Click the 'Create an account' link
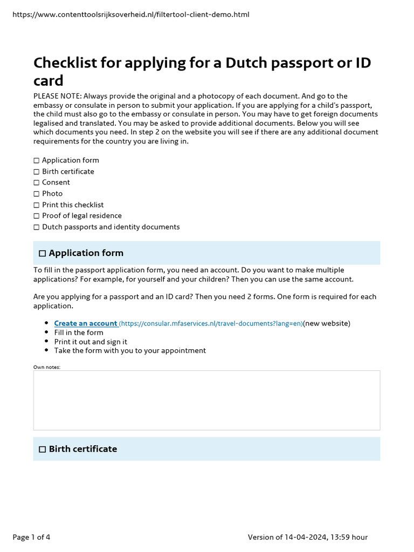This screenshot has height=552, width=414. [x=85, y=323]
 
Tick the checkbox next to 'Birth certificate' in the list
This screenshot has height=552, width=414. [x=37, y=172]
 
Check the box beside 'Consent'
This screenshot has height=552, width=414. [x=37, y=183]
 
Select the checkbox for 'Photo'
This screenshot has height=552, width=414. [x=37, y=194]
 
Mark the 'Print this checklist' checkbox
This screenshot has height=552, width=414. [x=37, y=205]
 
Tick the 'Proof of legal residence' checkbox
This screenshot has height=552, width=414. [x=37, y=216]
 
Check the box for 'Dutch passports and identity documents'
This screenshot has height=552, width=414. [x=37, y=227]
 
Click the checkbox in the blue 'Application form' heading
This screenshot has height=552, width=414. [x=43, y=253]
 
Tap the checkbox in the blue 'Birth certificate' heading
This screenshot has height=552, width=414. [x=43, y=450]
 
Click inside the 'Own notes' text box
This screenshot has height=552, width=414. [x=206, y=400]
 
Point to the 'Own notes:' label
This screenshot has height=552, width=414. [x=47, y=367]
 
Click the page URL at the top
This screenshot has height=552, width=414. [x=130, y=15]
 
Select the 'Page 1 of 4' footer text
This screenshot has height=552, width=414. [x=31, y=537]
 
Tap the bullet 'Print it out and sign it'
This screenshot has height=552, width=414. [x=91, y=342]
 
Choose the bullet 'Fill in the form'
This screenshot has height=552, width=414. [x=79, y=333]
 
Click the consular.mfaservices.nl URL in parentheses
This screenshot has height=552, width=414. [x=211, y=323]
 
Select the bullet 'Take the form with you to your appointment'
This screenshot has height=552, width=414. [x=130, y=350]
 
